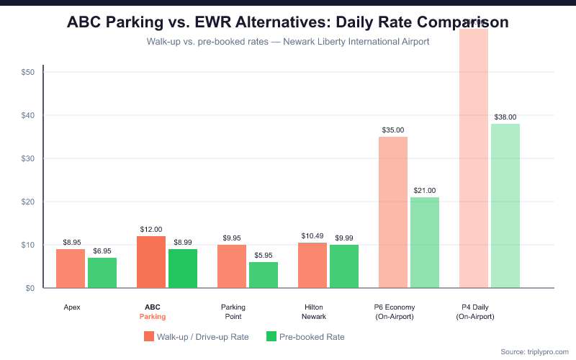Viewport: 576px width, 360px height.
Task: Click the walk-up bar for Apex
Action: click(71, 269)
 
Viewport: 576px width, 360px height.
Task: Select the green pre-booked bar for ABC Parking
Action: click(183, 269)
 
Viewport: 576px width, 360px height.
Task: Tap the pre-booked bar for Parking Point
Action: click(264, 275)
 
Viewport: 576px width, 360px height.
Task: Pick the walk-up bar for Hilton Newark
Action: click(312, 266)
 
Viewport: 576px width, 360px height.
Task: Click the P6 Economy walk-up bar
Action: click(393, 212)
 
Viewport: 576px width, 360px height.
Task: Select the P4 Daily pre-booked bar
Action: click(505, 206)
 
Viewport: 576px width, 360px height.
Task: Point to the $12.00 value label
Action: click(151, 230)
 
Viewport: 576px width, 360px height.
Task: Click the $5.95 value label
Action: click(264, 256)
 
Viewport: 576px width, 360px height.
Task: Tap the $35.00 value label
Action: click(393, 130)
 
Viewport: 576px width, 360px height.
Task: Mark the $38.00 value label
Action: click(505, 117)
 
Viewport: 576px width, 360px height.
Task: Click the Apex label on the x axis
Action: click(71, 307)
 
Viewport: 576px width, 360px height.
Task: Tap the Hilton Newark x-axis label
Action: click(314, 312)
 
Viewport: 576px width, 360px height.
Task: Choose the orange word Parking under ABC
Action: click(152, 317)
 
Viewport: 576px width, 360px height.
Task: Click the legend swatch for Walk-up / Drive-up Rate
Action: click(150, 336)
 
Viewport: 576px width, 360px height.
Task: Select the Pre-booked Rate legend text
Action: click(312, 336)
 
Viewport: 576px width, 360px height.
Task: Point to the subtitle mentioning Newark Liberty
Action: click(288, 42)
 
